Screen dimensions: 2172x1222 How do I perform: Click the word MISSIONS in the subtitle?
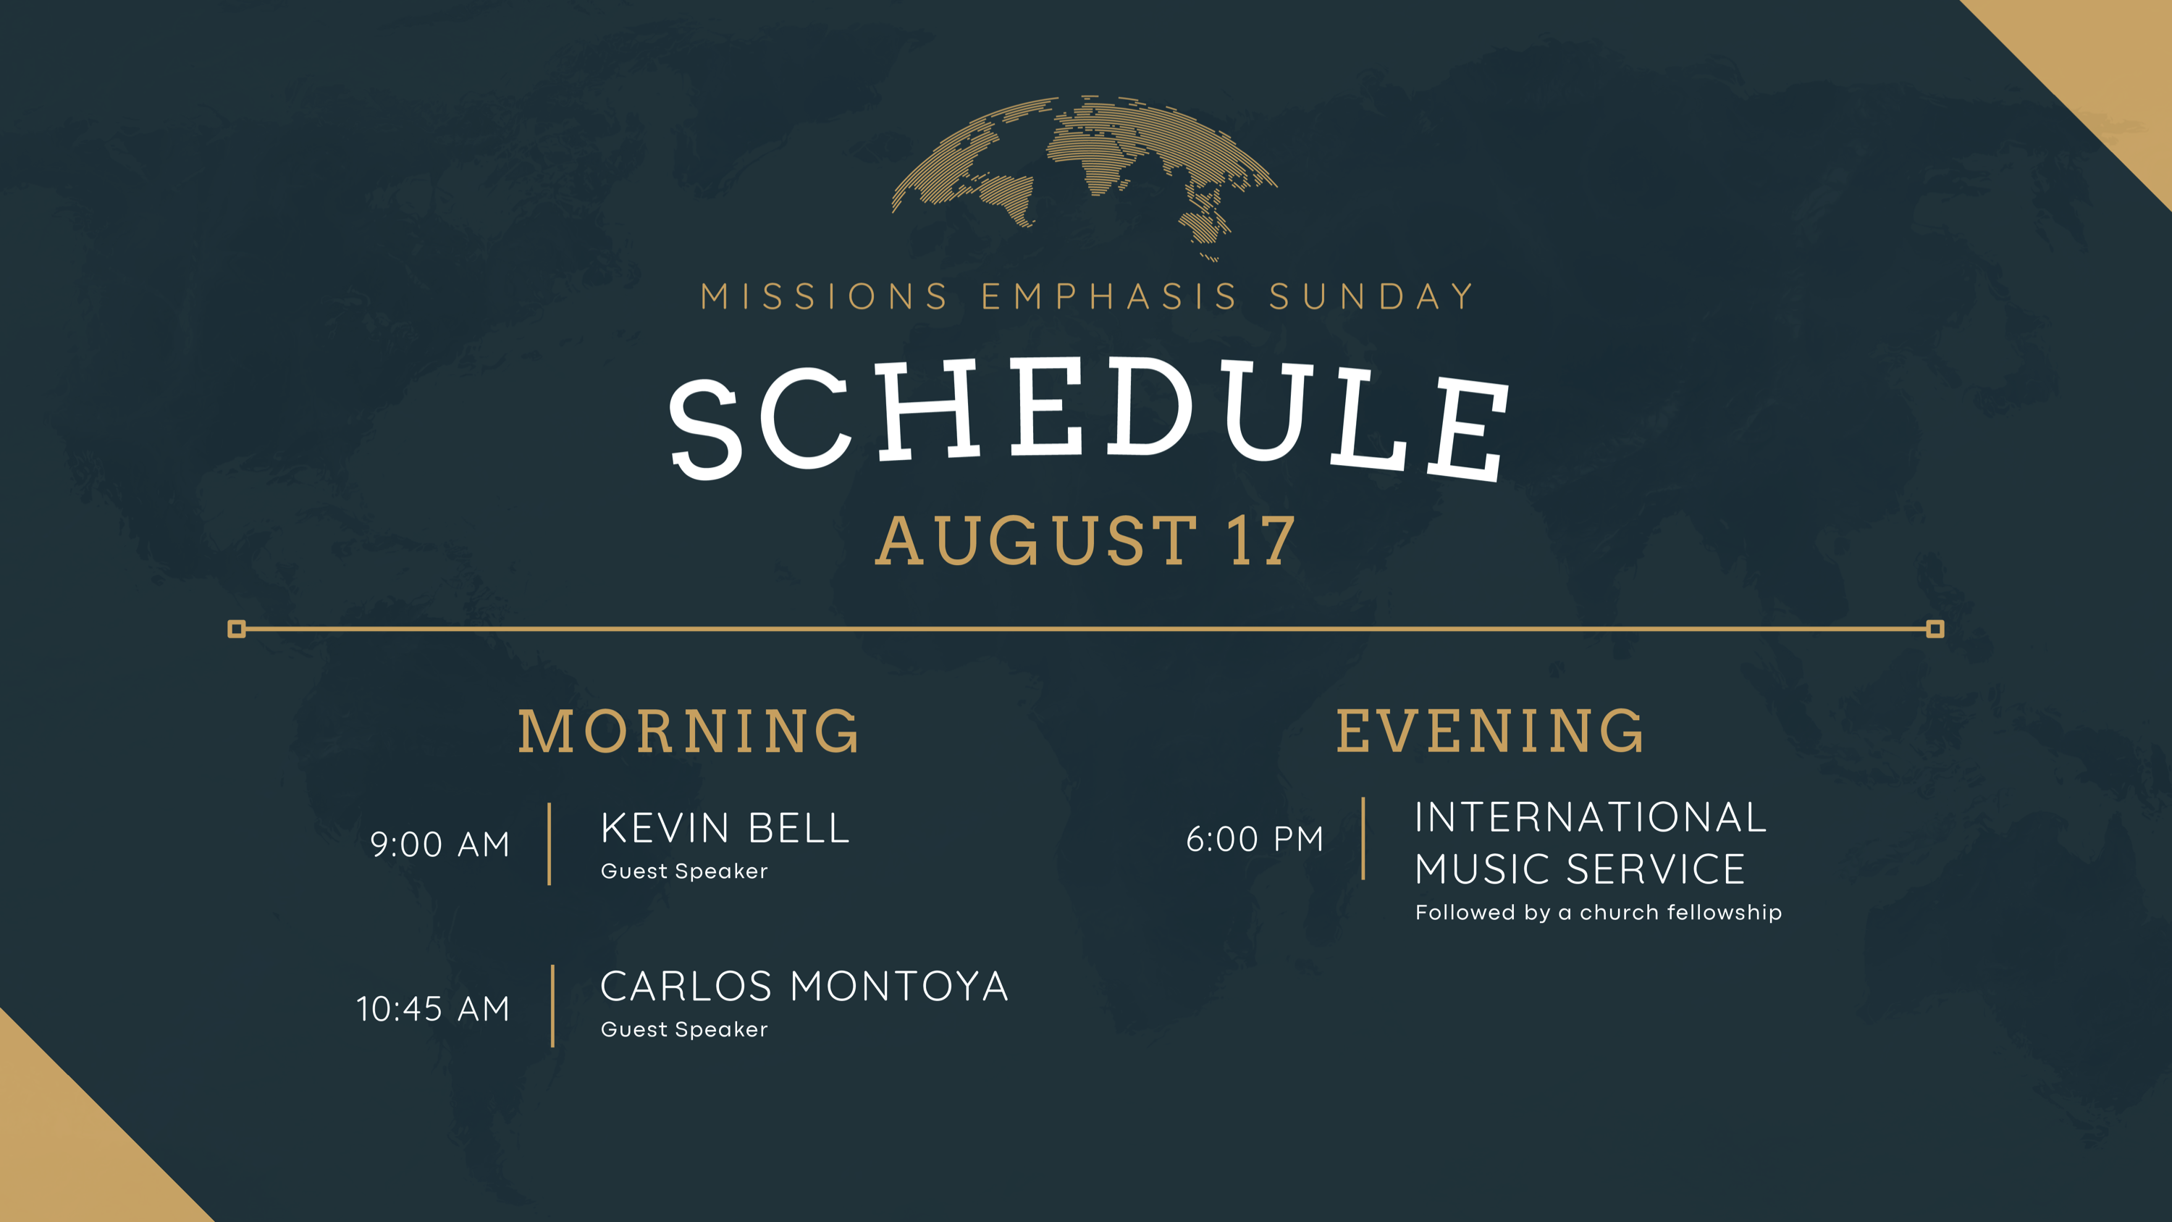coord(825,297)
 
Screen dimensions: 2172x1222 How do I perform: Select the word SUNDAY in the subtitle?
coord(1372,297)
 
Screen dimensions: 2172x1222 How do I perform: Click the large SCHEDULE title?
coord(1087,418)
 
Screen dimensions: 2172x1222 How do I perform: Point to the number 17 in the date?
coord(1262,540)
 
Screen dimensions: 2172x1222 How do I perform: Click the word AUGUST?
coord(1037,540)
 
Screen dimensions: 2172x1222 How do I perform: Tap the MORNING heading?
coord(689,730)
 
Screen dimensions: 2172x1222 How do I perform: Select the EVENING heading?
coord(1490,730)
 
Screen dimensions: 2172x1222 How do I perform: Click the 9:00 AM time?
coord(440,844)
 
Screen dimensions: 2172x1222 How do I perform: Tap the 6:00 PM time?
coord(1255,839)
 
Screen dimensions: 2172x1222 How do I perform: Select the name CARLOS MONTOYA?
coord(804,987)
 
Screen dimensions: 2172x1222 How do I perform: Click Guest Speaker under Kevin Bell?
coord(683,871)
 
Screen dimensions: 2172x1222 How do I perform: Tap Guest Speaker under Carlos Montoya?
coord(683,1030)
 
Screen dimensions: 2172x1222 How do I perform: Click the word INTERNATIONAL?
coord(1590,817)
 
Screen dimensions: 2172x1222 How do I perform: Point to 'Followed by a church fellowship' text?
coord(1599,913)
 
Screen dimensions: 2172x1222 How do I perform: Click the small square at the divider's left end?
coord(237,629)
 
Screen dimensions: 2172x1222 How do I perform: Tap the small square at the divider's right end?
coord(1936,629)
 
